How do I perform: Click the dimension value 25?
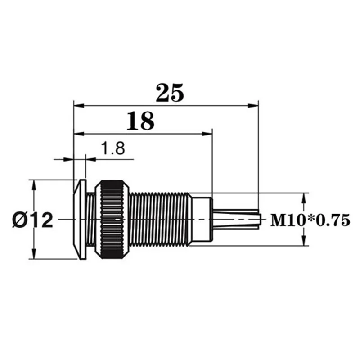click(x=170, y=93)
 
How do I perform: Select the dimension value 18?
click(x=140, y=121)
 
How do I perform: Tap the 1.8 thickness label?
click(x=113, y=148)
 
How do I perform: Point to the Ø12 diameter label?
click(x=32, y=220)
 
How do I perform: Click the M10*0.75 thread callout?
click(x=310, y=220)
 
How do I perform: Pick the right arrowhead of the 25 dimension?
click(x=253, y=106)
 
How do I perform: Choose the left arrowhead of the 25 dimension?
click(x=79, y=106)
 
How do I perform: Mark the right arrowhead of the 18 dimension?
click(x=207, y=134)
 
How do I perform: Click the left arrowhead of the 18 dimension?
click(x=79, y=134)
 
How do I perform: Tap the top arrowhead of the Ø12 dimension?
click(x=34, y=185)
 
